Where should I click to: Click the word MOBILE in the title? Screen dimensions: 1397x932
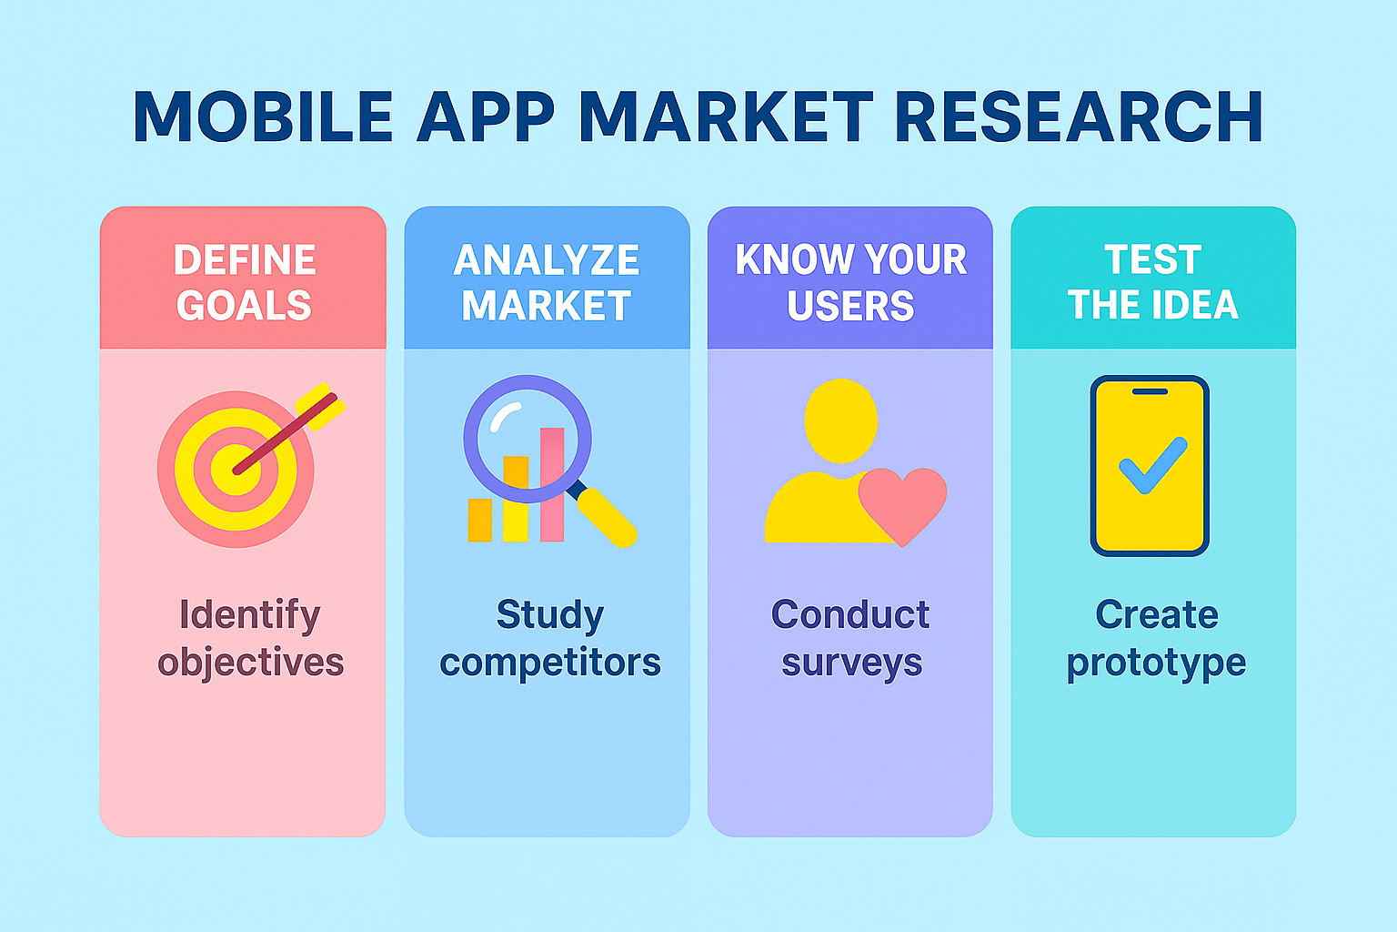[263, 116]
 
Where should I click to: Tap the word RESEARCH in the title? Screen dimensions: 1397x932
[1079, 116]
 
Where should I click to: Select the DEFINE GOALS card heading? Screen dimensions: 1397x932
[244, 282]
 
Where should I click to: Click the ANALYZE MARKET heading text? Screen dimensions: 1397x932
[547, 282]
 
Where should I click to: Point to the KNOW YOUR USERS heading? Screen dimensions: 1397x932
[850, 282]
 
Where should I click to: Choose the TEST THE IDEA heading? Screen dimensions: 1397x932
[1153, 282]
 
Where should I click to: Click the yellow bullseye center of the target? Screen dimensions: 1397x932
[236, 470]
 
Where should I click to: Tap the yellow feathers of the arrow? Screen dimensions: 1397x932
[320, 406]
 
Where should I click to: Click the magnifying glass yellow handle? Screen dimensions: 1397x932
[607, 518]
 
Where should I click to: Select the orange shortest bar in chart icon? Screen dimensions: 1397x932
[479, 520]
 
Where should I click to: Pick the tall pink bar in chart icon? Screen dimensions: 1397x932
[552, 484]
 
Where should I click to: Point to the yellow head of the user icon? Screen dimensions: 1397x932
[840, 420]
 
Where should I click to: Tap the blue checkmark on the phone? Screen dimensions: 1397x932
[1153, 466]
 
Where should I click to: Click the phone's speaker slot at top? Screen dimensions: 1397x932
[1150, 392]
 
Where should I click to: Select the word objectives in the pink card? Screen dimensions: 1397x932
[251, 663]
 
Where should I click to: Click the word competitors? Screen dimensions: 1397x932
[550, 663]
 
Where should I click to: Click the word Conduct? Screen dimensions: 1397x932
[850, 614]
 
